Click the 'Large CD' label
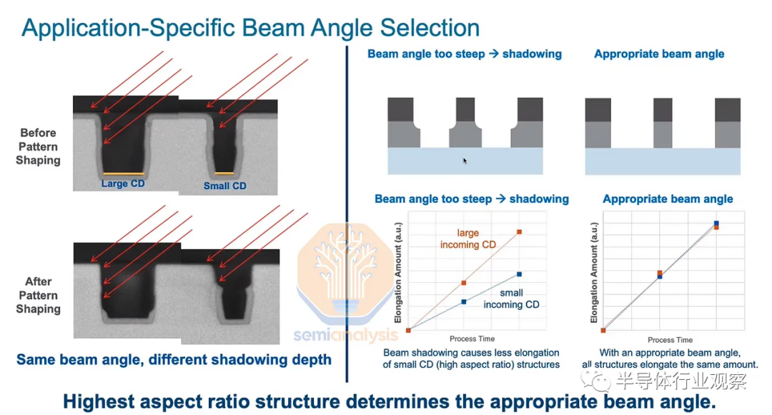123,184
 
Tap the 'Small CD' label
224,186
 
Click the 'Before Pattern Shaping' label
38,146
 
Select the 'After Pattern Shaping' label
38,295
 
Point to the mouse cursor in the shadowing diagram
465,160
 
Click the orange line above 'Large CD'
124,174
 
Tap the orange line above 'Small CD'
224,173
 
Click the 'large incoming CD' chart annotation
467,239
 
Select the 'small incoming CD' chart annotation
511,299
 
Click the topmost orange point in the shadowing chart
519,231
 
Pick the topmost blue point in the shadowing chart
519,274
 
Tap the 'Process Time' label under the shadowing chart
472,339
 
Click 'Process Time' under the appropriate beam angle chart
670,340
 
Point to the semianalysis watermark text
345,335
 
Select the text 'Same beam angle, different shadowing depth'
174,359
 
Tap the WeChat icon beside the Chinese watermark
595,380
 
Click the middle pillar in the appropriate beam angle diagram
662,123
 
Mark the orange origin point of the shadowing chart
408,331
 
